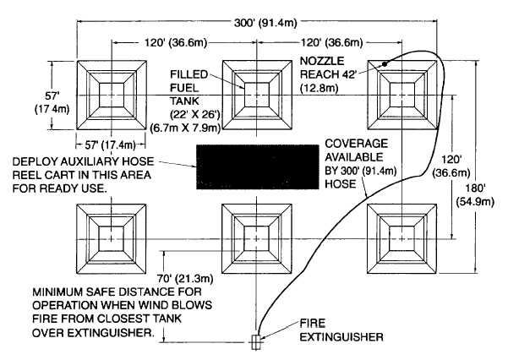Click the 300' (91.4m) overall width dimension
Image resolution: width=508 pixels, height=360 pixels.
coord(265,23)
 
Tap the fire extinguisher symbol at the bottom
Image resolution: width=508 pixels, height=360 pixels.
coord(256,342)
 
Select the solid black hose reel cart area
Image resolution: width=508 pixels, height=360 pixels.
coord(258,166)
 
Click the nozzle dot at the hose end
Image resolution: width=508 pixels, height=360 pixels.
coord(385,64)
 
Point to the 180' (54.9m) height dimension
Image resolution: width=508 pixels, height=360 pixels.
coord(475,195)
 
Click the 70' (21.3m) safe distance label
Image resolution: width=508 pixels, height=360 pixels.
coord(185,278)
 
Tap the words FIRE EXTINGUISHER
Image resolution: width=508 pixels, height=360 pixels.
coord(341,330)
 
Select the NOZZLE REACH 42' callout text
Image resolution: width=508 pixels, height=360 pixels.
coord(328,74)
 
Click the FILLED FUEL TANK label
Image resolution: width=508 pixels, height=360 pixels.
coord(189,88)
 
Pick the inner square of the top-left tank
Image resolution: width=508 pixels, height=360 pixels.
coord(112,95)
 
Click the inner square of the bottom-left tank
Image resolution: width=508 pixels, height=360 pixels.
coord(111,238)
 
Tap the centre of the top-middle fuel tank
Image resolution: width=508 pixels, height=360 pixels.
coord(257,95)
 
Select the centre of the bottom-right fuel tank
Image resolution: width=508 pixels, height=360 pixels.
coord(401,239)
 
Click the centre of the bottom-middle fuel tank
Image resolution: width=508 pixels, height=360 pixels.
coord(257,239)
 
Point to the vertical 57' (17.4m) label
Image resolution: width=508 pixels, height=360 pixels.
coord(52,102)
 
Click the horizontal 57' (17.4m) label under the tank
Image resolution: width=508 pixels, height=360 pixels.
coord(111,145)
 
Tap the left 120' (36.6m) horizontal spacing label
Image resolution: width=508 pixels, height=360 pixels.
coord(175,42)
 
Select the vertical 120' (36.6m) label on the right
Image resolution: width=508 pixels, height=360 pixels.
coord(451,166)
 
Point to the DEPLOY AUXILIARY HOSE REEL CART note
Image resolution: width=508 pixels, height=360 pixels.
coord(84,175)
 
